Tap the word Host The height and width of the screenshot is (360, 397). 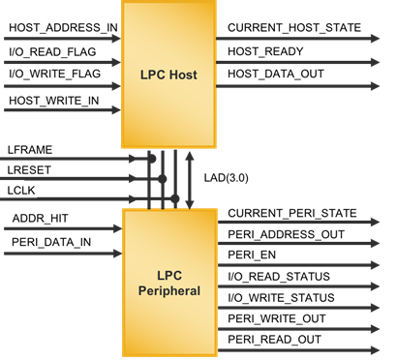183,75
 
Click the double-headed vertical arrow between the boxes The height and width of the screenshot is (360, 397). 190,179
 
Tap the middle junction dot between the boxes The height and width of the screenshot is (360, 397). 163,179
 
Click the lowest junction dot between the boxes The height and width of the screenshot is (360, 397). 175,198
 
